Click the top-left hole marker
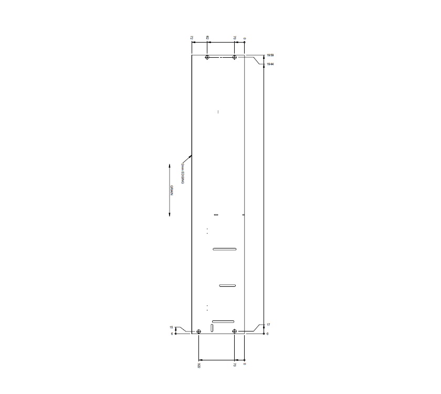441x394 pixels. pyautogui.click(x=207, y=57)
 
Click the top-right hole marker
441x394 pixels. pyautogui.click(x=234, y=57)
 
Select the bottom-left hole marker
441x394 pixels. pyautogui.click(x=199, y=331)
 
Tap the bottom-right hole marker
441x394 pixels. pyautogui.click(x=235, y=331)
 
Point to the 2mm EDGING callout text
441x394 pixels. pyautogui.click(x=182, y=172)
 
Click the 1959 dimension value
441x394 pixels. pyautogui.click(x=270, y=55)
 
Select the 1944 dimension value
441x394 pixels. pyautogui.click(x=270, y=64)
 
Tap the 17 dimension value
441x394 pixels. pyautogui.click(x=268, y=325)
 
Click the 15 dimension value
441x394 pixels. pyautogui.click(x=171, y=327)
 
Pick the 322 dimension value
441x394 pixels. pyautogui.click(x=199, y=365)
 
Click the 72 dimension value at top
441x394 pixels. pyautogui.click(x=192, y=38)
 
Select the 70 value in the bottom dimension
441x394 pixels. pyautogui.click(x=235, y=364)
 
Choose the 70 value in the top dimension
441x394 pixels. pyautogui.click(x=235, y=38)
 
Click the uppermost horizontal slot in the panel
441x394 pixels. pyautogui.click(x=225, y=249)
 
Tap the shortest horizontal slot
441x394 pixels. pyautogui.click(x=227, y=285)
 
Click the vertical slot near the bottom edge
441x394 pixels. pyautogui.click(x=212, y=328)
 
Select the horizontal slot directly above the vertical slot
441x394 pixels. pyautogui.click(x=223, y=321)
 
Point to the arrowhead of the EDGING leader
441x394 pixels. pyautogui.click(x=191, y=155)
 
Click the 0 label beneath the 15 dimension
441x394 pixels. pyautogui.click(x=172, y=334)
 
